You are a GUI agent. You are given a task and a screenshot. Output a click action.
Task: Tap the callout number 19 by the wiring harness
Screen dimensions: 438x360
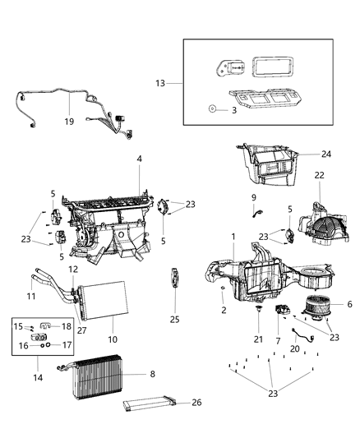pos(70,121)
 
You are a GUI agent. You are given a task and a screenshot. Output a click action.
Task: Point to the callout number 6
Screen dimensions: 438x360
pos(349,304)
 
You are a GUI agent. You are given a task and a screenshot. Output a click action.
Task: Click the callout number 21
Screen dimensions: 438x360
pos(257,339)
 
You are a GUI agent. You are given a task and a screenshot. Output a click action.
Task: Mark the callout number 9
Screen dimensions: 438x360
pos(254,198)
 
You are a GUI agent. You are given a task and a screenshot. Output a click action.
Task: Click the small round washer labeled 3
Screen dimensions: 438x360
pos(212,108)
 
